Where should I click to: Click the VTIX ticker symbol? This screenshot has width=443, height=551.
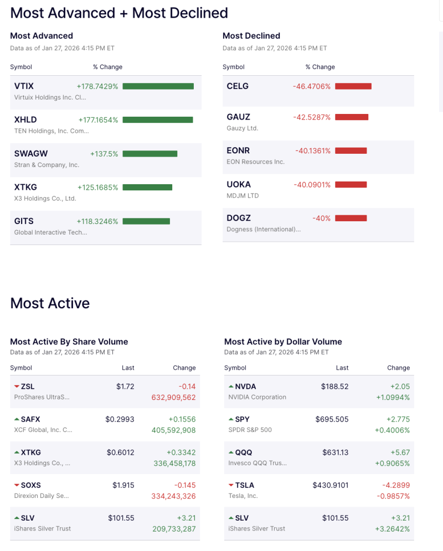[24, 86]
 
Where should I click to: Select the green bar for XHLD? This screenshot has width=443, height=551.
[157, 120]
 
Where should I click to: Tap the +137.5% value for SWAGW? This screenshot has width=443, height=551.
[104, 154]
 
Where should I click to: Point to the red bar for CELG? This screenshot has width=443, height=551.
[353, 86]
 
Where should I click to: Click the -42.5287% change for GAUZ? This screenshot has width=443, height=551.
[312, 117]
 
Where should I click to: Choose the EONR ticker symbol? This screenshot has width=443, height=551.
[239, 150]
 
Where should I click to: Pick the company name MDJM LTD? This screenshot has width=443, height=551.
[243, 196]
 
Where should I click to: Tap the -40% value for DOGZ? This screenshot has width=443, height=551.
[321, 219]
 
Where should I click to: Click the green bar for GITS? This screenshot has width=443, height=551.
[146, 221]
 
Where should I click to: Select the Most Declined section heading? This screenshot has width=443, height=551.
[251, 36]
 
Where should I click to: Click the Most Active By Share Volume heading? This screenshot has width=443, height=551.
[69, 342]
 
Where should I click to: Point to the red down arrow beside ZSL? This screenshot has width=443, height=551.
[17, 387]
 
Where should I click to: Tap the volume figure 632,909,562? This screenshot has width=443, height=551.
[173, 397]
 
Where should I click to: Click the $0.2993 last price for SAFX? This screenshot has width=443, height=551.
[120, 419]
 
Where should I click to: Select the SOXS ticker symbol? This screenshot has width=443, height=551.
[30, 485]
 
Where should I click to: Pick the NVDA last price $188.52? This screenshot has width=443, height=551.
[334, 387]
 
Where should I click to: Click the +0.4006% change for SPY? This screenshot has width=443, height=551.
[392, 430]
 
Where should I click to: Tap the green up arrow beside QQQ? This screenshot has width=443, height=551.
[231, 453]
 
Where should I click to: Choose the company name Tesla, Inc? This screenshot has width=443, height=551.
[243, 496]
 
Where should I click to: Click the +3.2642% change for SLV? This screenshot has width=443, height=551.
[392, 529]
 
